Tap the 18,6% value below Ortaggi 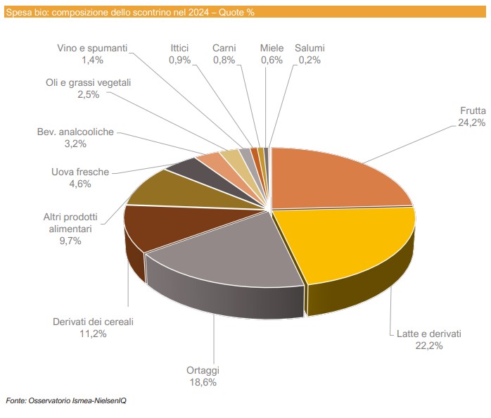(x=203, y=382)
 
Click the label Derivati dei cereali (x=93, y=322)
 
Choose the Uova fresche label (x=80, y=172)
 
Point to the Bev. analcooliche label (x=75, y=132)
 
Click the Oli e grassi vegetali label (x=89, y=82)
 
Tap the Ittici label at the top (x=179, y=48)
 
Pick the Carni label (x=224, y=48)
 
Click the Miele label (x=272, y=48)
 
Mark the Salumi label (x=310, y=48)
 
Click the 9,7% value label (x=70, y=241)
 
